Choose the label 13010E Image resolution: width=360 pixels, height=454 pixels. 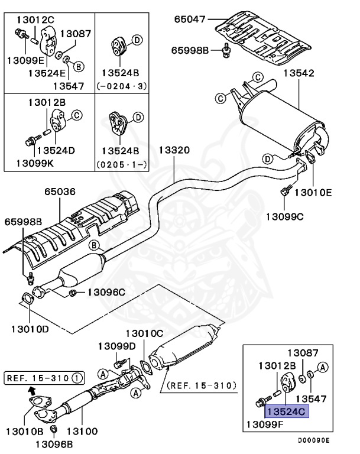313,192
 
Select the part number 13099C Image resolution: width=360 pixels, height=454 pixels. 284,216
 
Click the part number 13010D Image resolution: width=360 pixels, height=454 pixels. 28,327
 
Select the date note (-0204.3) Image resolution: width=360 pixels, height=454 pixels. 121,86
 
